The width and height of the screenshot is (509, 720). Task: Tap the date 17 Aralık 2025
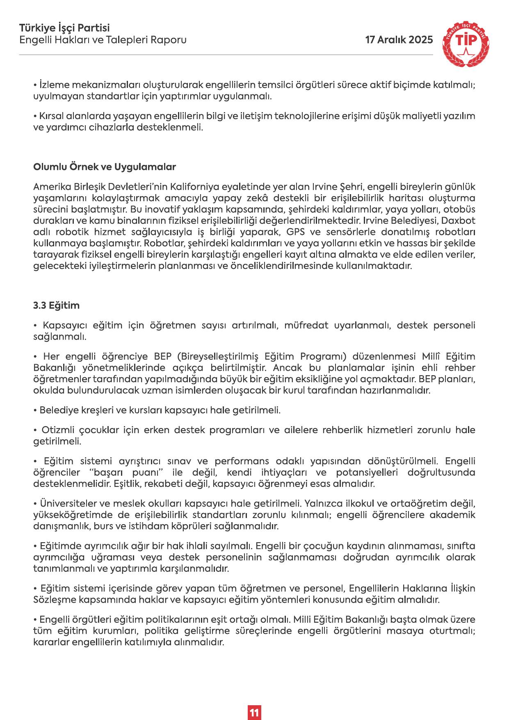pyautogui.click(x=399, y=40)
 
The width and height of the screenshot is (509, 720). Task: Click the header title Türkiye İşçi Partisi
pyautogui.click(x=64, y=28)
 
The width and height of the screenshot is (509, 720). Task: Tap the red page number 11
pyautogui.click(x=254, y=701)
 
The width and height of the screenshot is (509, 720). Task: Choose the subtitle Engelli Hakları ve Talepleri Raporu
pyautogui.click(x=103, y=40)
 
